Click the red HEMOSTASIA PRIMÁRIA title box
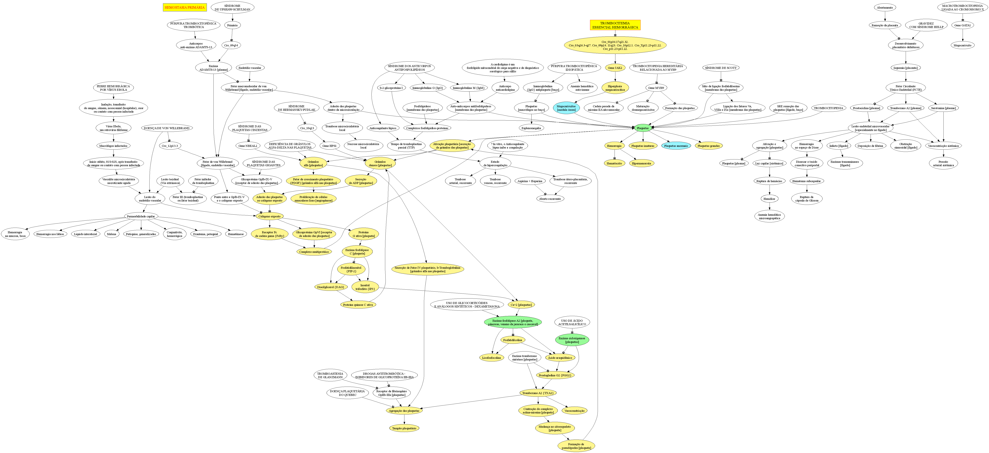185,7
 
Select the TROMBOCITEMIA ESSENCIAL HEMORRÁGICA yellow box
615,25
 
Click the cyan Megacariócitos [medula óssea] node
566,108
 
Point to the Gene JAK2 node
615,68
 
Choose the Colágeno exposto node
269,217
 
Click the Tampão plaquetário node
404,428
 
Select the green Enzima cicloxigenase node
572,340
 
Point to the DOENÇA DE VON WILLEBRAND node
167,128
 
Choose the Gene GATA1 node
963,25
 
